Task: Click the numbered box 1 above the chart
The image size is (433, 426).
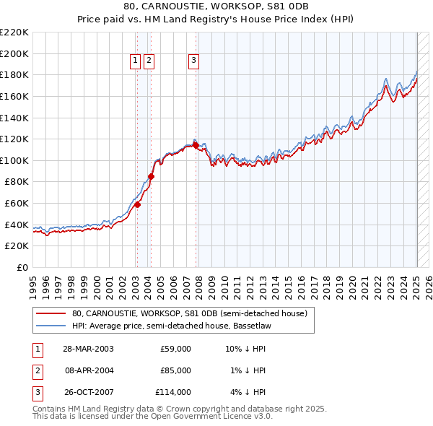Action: [136, 61]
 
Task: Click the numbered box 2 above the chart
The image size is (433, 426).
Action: [149, 61]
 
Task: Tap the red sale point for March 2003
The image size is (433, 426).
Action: [137, 204]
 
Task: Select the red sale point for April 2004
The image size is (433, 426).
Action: [151, 176]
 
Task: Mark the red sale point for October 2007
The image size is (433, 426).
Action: [196, 145]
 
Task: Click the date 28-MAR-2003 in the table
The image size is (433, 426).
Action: [88, 349]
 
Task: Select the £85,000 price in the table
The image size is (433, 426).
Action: [175, 370]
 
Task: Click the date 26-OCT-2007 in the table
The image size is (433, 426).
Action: [88, 392]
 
